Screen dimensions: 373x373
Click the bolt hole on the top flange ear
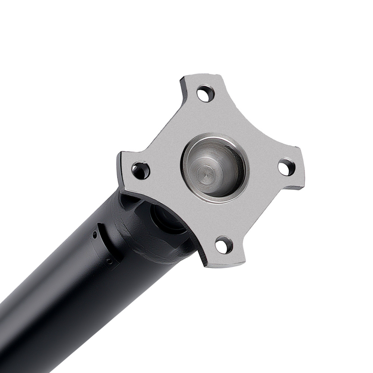pyautogui.click(x=205, y=94)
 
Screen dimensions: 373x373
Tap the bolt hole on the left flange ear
pyautogui.click(x=141, y=170)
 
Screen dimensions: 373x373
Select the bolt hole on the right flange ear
pyautogui.click(x=286, y=167)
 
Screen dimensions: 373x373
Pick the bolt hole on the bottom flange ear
pyautogui.click(x=224, y=245)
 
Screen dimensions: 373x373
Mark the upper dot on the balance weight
pyautogui.click(x=95, y=234)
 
